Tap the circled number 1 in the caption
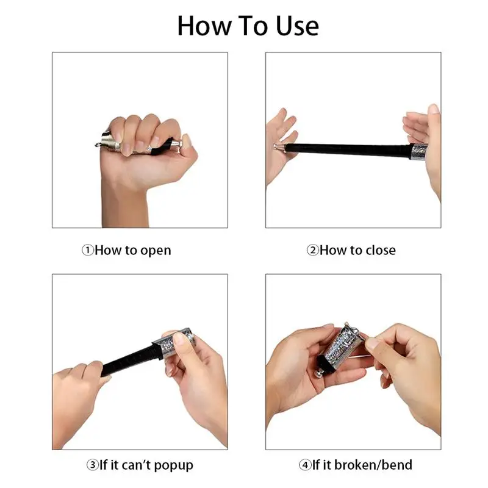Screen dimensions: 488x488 pos(88,250)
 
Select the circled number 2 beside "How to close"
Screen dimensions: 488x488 pos(312,250)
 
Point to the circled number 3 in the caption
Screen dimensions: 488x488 pos(92,465)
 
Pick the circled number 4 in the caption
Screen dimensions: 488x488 pos(305,465)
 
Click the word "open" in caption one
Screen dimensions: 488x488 pos(156,251)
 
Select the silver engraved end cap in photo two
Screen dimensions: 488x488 pos(419,151)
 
